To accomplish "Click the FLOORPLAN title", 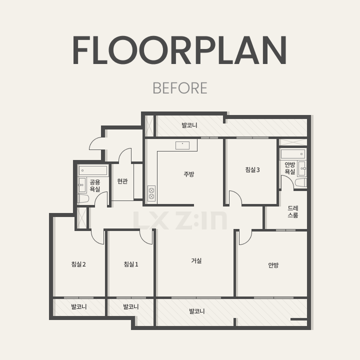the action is [180, 50].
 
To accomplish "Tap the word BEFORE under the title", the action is [180, 88].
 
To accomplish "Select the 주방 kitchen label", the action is [189, 174].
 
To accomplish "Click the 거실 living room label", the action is [196, 260].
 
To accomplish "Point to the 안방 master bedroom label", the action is [273, 265].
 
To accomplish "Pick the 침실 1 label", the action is [131, 264].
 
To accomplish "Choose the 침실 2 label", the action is [78, 264].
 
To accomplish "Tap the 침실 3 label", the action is [252, 169].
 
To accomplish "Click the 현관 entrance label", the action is [122, 181].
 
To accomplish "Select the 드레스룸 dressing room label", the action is [293, 211].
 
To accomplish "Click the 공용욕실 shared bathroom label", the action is [95, 185].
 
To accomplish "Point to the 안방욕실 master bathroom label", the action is [289, 168].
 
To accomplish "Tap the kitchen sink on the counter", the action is [182, 145].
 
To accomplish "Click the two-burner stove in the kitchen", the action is [151, 193].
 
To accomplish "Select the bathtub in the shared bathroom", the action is [93, 170].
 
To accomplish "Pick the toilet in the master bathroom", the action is [301, 183].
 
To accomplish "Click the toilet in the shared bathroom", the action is [83, 199].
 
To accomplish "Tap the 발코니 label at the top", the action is [189, 125].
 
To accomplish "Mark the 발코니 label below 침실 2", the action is [79, 306].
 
